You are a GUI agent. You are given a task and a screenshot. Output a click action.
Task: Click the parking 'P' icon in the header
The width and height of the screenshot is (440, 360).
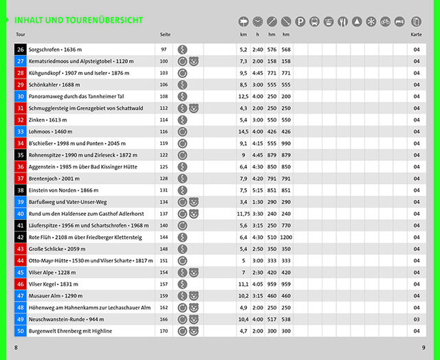[300, 22]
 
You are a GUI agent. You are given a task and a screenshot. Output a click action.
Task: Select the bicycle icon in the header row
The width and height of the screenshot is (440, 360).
[385, 22]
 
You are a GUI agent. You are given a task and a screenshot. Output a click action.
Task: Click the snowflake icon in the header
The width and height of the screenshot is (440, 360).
[371, 22]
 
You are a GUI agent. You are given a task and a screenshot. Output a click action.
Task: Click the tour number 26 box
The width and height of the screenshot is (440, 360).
[20, 49]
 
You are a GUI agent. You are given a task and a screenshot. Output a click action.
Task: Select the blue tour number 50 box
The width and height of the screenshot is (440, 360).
[20, 331]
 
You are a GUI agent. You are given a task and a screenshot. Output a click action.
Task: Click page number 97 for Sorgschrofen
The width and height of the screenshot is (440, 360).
[164, 49]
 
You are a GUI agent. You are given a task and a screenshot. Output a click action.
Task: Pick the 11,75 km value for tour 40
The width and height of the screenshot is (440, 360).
[243, 214]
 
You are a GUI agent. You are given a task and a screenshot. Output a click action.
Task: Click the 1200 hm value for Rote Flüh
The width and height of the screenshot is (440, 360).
[286, 237]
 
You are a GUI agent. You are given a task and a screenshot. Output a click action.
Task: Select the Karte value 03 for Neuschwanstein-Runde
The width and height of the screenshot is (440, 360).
[416, 319]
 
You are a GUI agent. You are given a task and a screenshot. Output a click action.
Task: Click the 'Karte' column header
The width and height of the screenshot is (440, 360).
[416, 34]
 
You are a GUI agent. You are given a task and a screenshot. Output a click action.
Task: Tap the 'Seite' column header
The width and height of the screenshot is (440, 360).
[165, 34]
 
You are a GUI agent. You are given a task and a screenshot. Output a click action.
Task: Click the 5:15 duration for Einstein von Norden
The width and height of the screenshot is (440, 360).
[258, 190]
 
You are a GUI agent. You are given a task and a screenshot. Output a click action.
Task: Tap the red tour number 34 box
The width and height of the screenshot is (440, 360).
[20, 143]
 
